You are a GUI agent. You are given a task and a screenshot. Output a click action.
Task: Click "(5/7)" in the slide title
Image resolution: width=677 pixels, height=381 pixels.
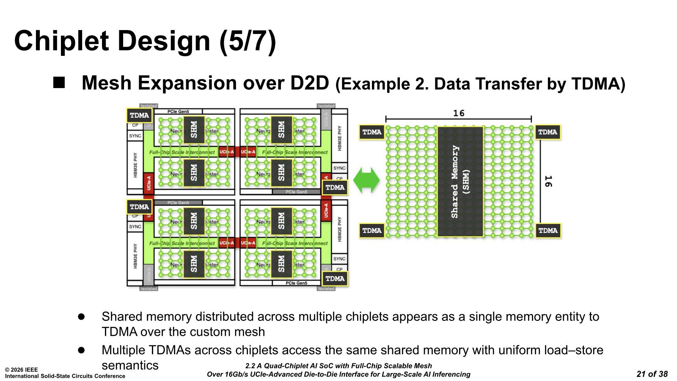click(x=248, y=41)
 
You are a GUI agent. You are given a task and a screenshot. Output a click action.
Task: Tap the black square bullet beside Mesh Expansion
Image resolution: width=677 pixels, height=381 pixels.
click(x=59, y=82)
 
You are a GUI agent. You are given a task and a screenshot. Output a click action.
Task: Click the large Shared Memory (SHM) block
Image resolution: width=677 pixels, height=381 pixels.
click(x=460, y=182)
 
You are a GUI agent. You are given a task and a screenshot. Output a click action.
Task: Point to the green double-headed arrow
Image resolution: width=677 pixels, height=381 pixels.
click(x=366, y=180)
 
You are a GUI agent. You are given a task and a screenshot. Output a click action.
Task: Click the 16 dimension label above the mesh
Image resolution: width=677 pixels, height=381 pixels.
click(x=459, y=113)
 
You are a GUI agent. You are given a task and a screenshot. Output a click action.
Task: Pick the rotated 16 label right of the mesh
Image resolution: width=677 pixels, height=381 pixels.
click(x=548, y=181)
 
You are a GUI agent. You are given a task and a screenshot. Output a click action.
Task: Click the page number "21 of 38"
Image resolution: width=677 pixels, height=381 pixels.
click(x=652, y=374)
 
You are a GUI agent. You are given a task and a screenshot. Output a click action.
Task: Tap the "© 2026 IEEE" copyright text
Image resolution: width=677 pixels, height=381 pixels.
click(x=21, y=370)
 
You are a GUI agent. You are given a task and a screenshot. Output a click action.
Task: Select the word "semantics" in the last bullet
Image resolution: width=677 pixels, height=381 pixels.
click(x=130, y=365)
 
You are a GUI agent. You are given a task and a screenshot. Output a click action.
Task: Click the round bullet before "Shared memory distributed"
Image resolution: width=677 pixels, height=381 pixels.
click(x=81, y=317)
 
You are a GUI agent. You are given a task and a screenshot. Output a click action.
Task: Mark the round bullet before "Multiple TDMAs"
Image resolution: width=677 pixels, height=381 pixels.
click(x=81, y=350)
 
